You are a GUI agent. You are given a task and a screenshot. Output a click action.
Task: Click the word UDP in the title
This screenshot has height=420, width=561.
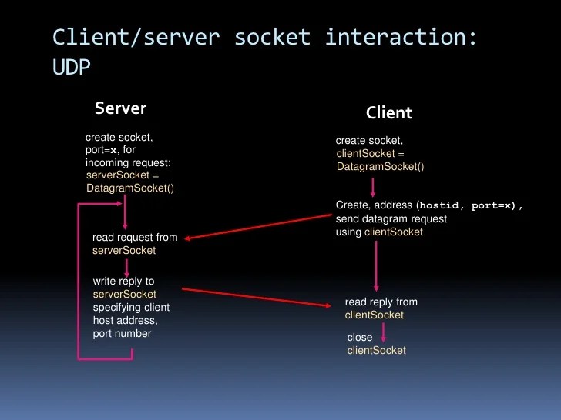point(72,68)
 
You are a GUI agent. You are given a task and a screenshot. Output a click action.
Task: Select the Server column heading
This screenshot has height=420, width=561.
point(120,108)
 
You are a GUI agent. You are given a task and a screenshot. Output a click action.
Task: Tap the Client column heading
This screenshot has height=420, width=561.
point(389,113)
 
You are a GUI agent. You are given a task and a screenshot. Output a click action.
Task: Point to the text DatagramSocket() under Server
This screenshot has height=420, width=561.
point(130,188)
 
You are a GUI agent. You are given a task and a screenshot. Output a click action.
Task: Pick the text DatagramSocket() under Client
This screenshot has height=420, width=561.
point(380,166)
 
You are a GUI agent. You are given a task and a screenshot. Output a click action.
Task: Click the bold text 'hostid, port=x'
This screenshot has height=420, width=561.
point(469,206)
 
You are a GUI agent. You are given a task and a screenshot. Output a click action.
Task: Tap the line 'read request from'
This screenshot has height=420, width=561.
point(135,238)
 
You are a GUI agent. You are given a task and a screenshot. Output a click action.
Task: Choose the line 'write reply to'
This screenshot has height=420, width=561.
point(123,282)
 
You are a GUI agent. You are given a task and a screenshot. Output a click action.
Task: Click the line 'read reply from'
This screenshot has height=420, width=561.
point(381,302)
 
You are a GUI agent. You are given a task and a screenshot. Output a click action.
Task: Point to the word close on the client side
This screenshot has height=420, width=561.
point(360,338)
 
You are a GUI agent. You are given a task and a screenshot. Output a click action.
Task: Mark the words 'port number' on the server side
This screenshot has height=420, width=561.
point(122,334)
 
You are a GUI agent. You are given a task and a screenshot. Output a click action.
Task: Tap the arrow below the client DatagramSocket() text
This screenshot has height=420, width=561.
point(374,187)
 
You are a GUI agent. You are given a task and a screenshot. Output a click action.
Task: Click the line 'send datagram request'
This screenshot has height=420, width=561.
point(391,219)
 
